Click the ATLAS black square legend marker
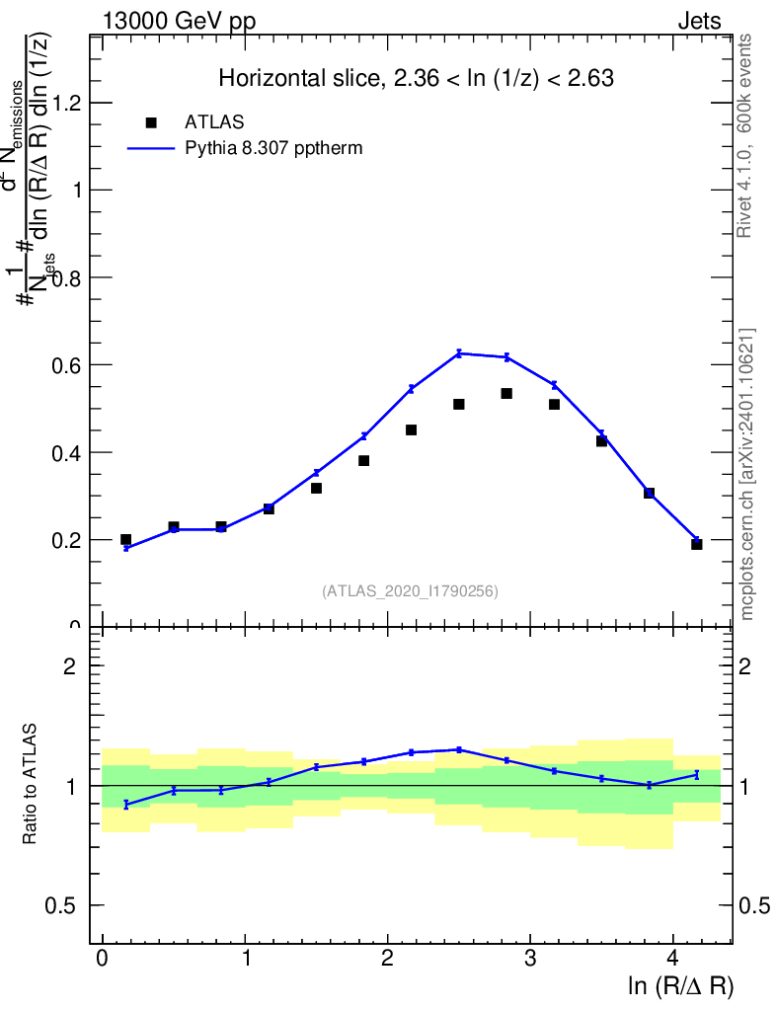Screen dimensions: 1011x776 pyautogui.click(x=151, y=122)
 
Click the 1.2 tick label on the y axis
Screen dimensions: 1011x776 pyautogui.click(x=64, y=103)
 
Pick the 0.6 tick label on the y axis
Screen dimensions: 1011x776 pyautogui.click(x=64, y=364)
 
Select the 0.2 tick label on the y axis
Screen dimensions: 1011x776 pyautogui.click(x=64, y=539)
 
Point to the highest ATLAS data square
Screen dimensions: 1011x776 pyautogui.click(x=506, y=393)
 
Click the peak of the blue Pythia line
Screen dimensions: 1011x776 pyautogui.click(x=459, y=352)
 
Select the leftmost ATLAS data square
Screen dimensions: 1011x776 pyautogui.click(x=125, y=539)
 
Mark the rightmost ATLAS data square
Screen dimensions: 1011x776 pyautogui.click(x=696, y=544)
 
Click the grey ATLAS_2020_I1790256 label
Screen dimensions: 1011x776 pyautogui.click(x=410, y=590)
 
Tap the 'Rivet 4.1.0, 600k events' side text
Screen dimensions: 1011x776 pyautogui.click(x=745, y=135)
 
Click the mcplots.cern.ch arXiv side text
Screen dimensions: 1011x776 pyautogui.click(x=747, y=474)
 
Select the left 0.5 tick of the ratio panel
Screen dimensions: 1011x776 pyautogui.click(x=64, y=905)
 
